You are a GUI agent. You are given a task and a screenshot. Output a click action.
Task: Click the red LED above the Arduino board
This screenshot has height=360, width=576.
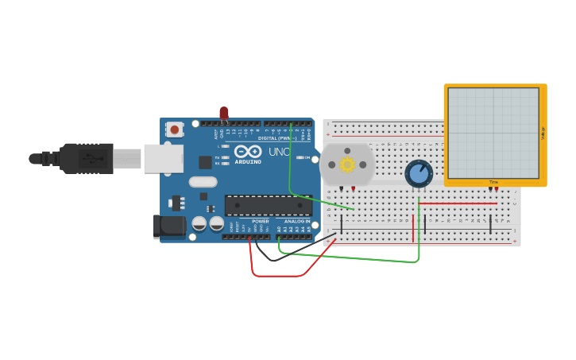[x=224, y=114]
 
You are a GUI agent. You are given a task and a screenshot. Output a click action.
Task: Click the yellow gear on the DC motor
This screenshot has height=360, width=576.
[x=347, y=165]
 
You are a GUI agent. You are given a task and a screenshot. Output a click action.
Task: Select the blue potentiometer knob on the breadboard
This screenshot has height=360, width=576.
[x=418, y=173]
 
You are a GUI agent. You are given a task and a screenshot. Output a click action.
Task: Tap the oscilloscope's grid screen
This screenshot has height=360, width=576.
[x=493, y=133]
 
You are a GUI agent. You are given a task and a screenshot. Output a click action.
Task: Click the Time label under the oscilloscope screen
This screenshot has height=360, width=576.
[x=493, y=182]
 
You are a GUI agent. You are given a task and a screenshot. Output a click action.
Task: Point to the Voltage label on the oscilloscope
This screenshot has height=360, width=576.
[x=543, y=134]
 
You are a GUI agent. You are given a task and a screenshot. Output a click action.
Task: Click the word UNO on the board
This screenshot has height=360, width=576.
[x=278, y=152]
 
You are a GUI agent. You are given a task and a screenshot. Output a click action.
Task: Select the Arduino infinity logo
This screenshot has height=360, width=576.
[x=248, y=151]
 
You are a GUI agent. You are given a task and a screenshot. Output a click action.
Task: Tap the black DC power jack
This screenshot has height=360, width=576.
[x=169, y=226]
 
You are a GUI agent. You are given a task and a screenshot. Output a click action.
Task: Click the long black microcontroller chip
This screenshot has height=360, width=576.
[x=268, y=206]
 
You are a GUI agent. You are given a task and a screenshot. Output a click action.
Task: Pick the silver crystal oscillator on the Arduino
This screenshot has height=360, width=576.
[x=203, y=182]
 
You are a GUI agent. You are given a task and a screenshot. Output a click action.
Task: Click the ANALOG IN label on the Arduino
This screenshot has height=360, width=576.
[x=297, y=221]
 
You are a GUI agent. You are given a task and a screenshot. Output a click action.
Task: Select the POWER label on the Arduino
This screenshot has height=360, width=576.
[x=261, y=221]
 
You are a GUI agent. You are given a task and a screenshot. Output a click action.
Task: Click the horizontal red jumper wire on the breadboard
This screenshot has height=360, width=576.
[x=458, y=203]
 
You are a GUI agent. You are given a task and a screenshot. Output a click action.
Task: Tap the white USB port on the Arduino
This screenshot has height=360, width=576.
[x=163, y=158]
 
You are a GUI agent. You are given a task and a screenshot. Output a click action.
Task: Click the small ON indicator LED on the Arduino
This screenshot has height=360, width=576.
[x=301, y=157]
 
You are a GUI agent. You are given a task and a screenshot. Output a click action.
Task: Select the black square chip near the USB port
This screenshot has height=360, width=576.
[x=205, y=162]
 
